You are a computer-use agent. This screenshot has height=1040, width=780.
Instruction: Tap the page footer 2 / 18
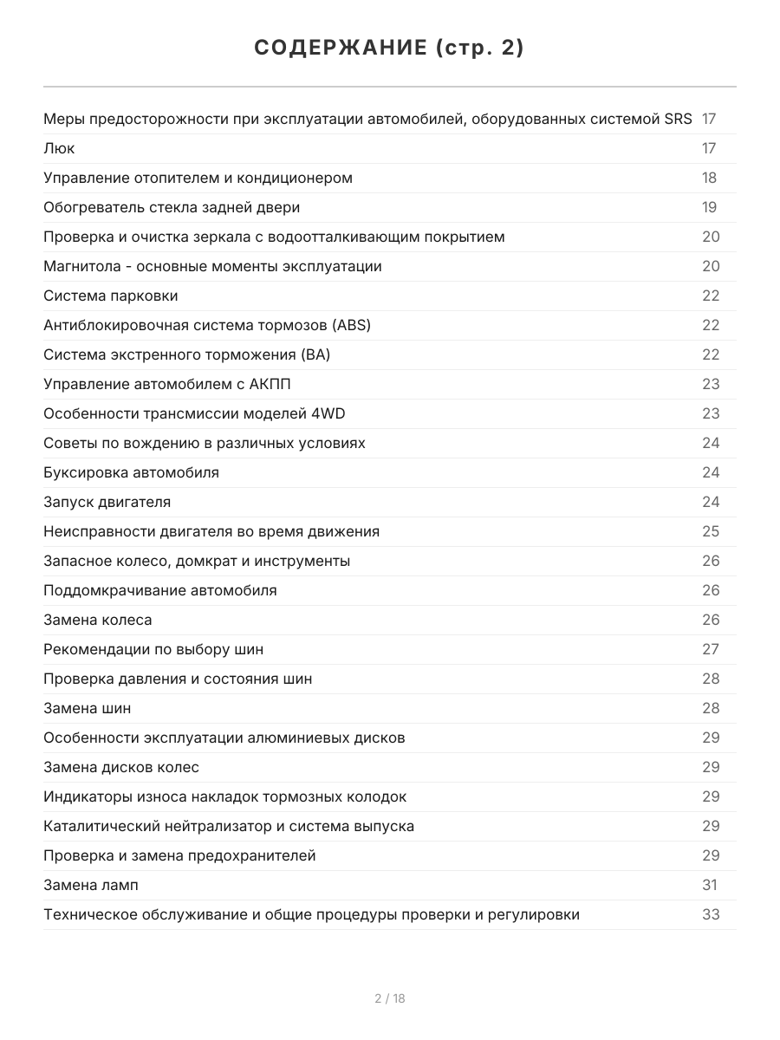(390, 998)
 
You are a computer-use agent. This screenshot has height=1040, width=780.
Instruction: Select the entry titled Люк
(59, 148)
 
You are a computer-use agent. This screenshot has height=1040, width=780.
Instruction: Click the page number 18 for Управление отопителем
(709, 178)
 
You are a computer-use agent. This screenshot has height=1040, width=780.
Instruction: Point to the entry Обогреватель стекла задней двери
(172, 207)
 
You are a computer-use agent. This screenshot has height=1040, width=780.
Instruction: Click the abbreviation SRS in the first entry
(678, 119)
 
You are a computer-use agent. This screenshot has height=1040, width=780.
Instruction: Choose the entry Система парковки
(111, 296)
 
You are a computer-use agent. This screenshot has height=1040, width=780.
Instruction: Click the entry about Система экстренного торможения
(186, 354)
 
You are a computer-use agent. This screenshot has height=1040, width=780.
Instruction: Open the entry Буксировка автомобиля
(131, 472)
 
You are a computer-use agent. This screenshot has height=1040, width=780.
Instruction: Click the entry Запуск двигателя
(107, 502)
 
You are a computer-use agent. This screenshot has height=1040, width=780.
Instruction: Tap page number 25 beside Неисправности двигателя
(711, 531)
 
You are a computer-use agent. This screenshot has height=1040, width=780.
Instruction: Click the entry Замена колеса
(98, 620)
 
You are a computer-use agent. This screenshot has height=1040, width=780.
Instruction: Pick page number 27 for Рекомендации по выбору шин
(711, 649)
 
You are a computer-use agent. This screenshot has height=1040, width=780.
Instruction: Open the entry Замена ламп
(91, 885)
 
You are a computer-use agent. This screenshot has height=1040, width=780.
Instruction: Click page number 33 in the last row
(711, 914)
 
